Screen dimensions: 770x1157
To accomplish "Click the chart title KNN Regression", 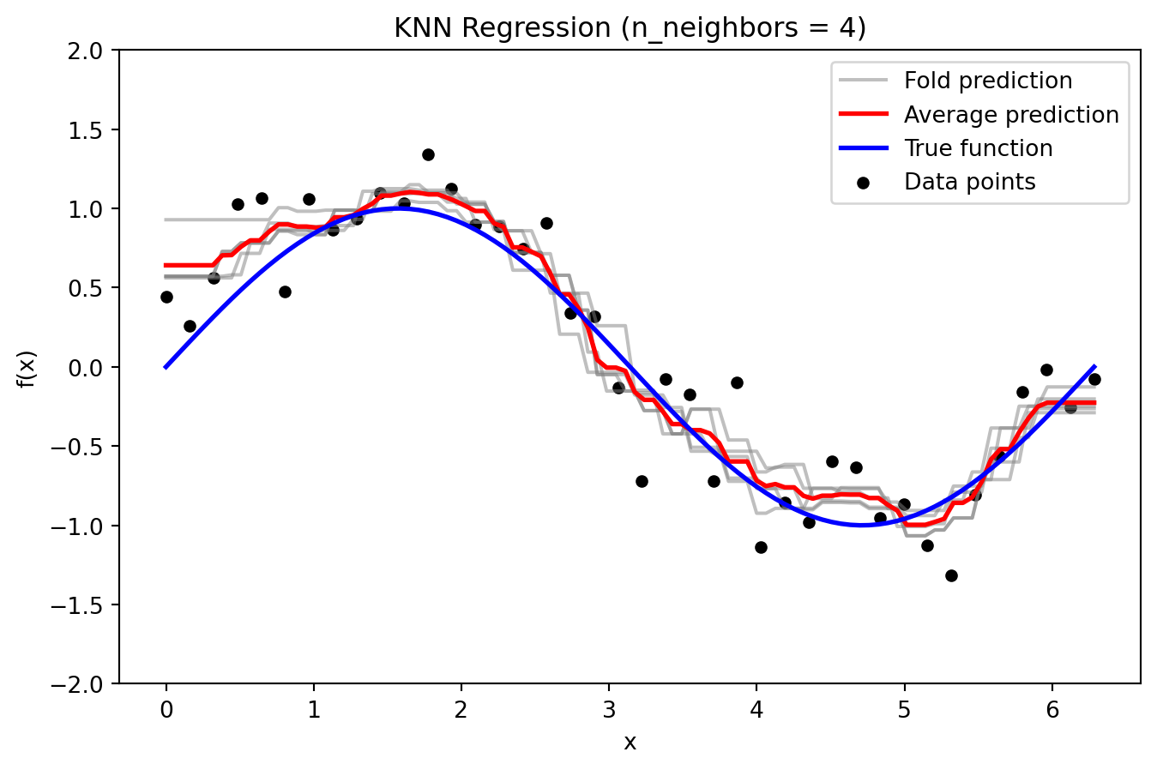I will coord(630,28).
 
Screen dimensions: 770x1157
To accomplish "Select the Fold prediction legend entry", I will coord(987,81).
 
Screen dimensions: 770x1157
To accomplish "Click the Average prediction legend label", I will coord(1011,115).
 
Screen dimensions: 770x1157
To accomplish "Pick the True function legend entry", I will coord(978,148).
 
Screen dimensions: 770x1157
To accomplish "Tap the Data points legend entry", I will coord(969,182).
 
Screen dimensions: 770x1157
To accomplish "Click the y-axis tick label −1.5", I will coord(82,605).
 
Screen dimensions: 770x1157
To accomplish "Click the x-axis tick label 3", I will coord(609,710).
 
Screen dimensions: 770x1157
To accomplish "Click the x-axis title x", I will coord(630,743).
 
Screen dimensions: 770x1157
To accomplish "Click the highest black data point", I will coord(428,154).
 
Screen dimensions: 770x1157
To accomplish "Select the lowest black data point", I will coord(951,575).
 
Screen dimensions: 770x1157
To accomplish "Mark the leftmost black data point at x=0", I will coord(166,297).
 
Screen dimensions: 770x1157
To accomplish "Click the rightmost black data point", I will coord(1094,379).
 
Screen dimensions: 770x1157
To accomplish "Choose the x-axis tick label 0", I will coord(166,710).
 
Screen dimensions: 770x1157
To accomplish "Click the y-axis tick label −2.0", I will coord(82,683).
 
